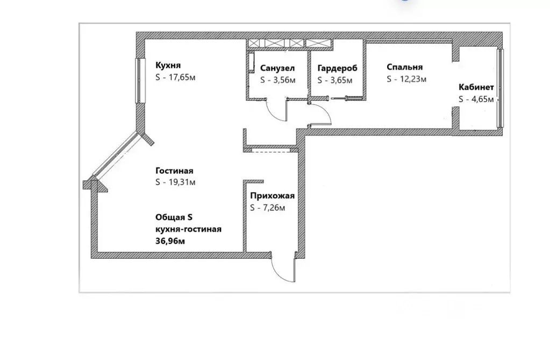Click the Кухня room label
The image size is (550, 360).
(x=168, y=66)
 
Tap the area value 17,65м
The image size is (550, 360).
(x=182, y=77)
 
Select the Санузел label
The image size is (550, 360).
(x=277, y=68)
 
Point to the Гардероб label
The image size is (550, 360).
(x=338, y=68)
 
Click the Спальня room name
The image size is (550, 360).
(x=405, y=67)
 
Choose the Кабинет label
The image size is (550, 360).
(x=476, y=87)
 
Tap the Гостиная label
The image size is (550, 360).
(x=174, y=171)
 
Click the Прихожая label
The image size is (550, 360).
(x=273, y=196)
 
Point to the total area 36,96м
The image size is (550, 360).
(x=170, y=241)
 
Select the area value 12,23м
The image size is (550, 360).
(x=413, y=79)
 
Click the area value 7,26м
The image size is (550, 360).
(x=272, y=208)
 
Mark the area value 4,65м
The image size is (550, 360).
(x=483, y=100)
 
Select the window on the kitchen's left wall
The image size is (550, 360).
(x=140, y=80)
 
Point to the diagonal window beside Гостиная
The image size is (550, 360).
(x=116, y=154)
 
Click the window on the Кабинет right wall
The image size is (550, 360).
(x=501, y=88)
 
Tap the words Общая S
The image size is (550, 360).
(x=174, y=217)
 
